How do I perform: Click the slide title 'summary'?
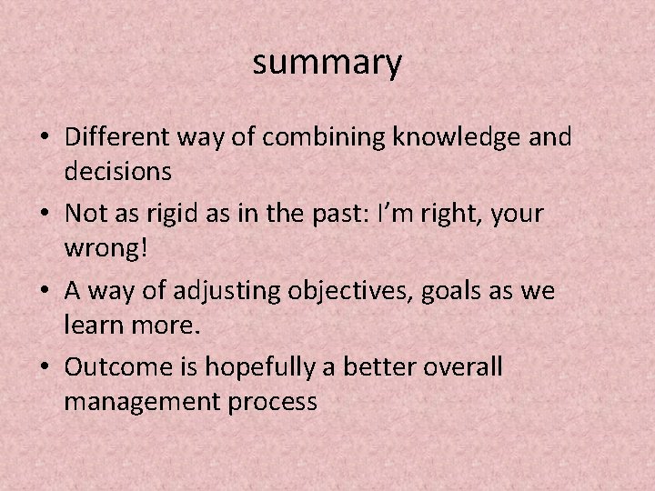(327, 64)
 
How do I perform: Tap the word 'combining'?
(307, 138)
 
